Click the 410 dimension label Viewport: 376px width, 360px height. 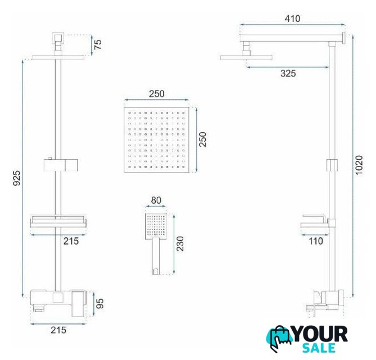(x=292, y=19)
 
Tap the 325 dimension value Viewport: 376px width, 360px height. (x=288, y=73)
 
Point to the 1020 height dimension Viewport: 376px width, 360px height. (x=359, y=165)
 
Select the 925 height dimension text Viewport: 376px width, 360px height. (x=16, y=178)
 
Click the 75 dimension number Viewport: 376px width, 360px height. (x=98, y=44)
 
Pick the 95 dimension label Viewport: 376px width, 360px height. (x=99, y=304)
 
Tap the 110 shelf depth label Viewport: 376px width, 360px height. (x=316, y=241)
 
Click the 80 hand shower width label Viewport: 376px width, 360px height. (x=156, y=200)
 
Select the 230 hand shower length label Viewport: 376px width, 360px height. (x=180, y=244)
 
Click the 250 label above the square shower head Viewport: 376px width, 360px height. (x=157, y=93)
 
